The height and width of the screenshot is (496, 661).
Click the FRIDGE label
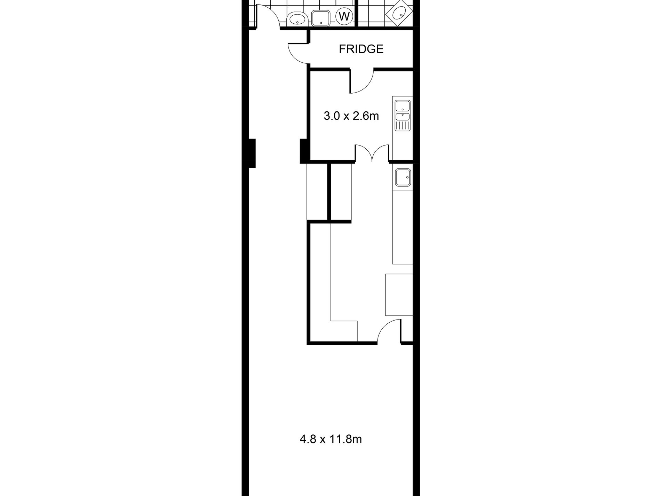[361, 49]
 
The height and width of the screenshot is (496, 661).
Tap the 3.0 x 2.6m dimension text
[351, 116]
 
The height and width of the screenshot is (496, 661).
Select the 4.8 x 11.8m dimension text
[330, 439]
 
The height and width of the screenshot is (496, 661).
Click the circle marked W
[344, 16]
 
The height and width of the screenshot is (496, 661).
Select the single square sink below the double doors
[403, 178]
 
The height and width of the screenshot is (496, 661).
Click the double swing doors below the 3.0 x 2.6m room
[372, 153]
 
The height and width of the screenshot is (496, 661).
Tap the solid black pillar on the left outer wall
[252, 153]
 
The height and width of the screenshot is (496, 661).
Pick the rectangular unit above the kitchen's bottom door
[399, 295]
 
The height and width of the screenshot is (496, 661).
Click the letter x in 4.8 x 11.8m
[322, 440]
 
